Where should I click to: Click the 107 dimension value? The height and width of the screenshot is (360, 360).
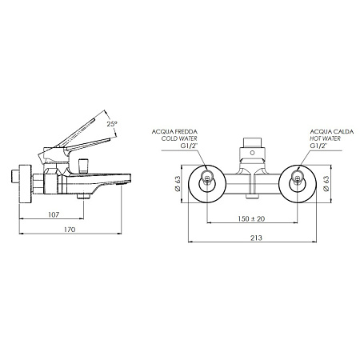tap(54, 214)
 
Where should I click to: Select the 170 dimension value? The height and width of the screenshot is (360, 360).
tap(70, 230)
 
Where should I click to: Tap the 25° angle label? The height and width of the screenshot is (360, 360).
tap(112, 124)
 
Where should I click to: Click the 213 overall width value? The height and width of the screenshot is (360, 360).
tap(256, 238)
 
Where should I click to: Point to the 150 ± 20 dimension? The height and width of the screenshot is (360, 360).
tap(251, 218)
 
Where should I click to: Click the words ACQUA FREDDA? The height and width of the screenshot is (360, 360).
tap(174, 131)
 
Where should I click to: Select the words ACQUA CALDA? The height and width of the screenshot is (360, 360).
tap(332, 131)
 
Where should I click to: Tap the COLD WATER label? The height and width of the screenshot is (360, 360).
tap(179, 138)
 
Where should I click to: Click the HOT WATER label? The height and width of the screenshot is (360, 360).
tap(325, 138)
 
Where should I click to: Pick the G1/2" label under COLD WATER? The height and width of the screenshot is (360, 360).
tap(189, 146)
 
